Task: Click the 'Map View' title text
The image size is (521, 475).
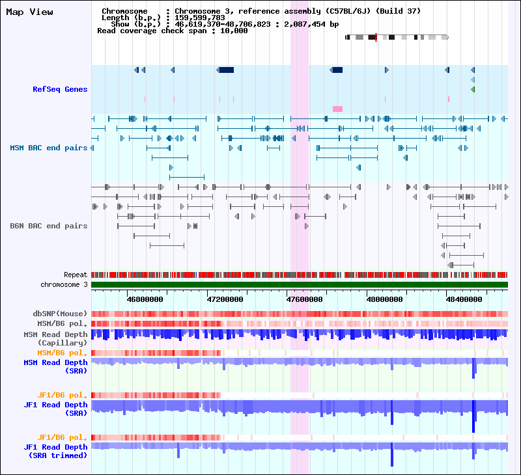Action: point(29,12)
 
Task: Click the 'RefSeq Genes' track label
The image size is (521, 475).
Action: point(60,89)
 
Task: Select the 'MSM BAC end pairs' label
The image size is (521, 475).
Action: point(48,148)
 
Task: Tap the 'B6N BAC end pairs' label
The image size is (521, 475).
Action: point(48,226)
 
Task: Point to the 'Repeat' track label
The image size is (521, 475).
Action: point(76,275)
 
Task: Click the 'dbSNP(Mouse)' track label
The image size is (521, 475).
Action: point(60,314)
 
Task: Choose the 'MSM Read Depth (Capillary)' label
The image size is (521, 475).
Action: point(55,338)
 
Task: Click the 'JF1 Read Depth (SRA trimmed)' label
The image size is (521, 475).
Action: point(55,451)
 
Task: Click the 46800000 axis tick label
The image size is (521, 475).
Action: point(145,299)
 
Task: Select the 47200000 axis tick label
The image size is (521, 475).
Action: point(225,299)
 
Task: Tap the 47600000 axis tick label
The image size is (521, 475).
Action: point(304,299)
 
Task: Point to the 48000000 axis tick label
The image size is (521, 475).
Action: point(384,299)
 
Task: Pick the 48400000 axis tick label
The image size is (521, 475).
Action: point(464,299)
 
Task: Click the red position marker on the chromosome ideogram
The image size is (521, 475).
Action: point(376,37)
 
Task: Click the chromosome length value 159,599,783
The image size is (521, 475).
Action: point(200,18)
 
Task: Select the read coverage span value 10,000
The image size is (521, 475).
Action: point(234,31)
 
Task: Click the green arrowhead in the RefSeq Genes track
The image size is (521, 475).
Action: point(473,89)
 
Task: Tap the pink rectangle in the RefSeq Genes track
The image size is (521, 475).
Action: point(337,109)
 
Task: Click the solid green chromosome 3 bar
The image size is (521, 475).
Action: point(300,284)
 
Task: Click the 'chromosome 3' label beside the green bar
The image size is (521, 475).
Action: point(64,284)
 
